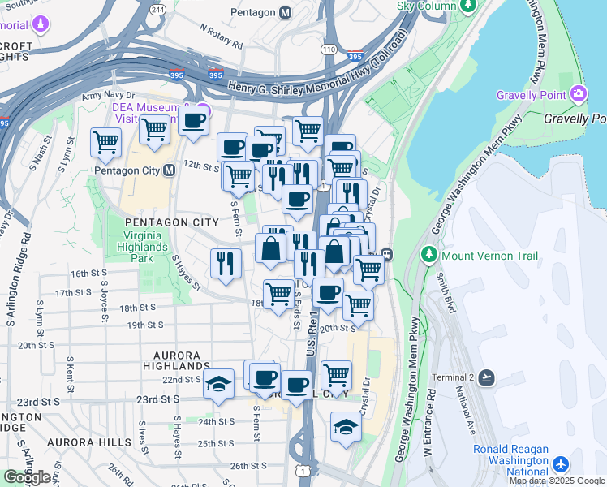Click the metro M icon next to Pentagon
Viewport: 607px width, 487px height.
tap(284, 13)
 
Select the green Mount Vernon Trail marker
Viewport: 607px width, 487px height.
tap(430, 255)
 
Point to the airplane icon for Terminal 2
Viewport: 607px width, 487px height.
tap(486, 377)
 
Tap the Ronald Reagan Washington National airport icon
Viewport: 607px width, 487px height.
tap(560, 464)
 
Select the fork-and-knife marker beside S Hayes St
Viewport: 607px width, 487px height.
tap(226, 262)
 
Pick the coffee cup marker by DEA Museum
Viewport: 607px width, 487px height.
tap(193, 122)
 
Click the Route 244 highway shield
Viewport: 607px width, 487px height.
tap(158, 9)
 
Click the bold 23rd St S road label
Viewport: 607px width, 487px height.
tap(157, 400)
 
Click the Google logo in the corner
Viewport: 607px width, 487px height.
tap(28, 477)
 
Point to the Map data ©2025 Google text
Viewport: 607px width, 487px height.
tap(557, 481)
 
